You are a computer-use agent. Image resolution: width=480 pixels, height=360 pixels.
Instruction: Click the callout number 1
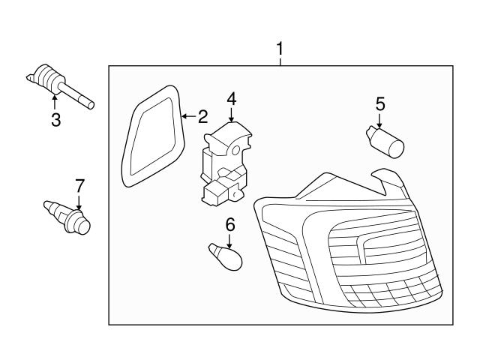(x=280, y=49)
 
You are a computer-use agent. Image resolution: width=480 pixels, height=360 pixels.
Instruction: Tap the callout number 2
(x=202, y=116)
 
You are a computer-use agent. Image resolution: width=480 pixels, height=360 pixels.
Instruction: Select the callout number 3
(x=55, y=120)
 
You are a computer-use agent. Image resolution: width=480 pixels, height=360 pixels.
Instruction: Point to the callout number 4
(x=231, y=98)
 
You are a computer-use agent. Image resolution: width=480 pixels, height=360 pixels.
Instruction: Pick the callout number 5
(x=379, y=103)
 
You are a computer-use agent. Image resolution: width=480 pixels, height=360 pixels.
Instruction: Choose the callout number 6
(x=230, y=223)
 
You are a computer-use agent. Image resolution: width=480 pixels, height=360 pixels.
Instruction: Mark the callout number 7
(x=79, y=185)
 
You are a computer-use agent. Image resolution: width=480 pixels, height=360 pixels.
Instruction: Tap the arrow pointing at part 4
(x=231, y=115)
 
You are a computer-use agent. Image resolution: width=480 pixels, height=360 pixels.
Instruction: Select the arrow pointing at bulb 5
(x=379, y=120)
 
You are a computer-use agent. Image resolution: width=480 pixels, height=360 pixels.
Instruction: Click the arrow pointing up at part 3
(x=55, y=101)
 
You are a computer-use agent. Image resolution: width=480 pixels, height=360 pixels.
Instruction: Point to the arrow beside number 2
(x=188, y=116)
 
